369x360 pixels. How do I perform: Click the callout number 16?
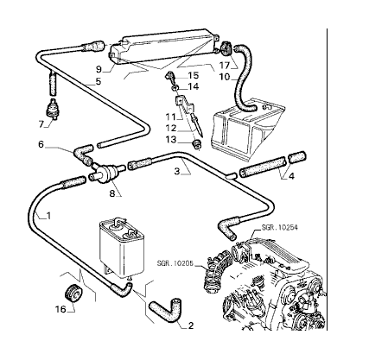pyautogui.click(x=60, y=309)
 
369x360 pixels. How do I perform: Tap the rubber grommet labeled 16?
pyautogui.click(x=73, y=294)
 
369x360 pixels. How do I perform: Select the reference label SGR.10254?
pyautogui.click(x=279, y=228)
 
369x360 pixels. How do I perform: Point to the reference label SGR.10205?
pyautogui.click(x=175, y=263)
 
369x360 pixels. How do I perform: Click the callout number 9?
pyautogui.click(x=99, y=69)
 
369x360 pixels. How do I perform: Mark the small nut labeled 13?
pyautogui.click(x=197, y=144)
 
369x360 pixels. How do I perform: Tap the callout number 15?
pyautogui.click(x=194, y=75)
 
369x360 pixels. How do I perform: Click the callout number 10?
pyautogui.click(x=225, y=77)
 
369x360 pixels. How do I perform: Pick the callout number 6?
pyautogui.click(x=41, y=144)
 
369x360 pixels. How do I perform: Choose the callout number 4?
pyautogui.click(x=291, y=176)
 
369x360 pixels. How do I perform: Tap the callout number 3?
pyautogui.click(x=177, y=172)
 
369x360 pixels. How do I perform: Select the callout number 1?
pyautogui.click(x=48, y=215)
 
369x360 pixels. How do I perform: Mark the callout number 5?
pyautogui.click(x=99, y=81)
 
